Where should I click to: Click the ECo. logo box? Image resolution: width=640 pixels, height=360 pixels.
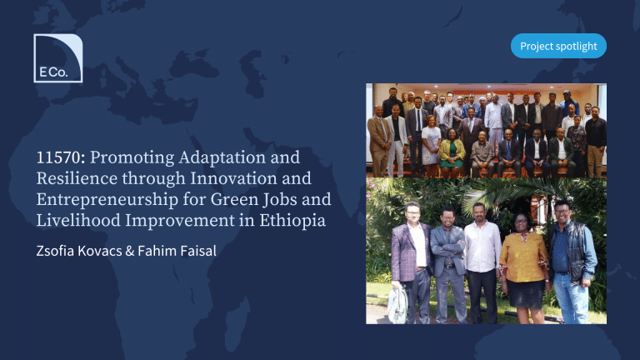pyautogui.click(x=58, y=58)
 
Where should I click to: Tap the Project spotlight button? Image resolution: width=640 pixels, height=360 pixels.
pyautogui.click(x=558, y=46)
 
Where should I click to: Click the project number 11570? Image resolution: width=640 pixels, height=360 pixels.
pyautogui.click(x=60, y=157)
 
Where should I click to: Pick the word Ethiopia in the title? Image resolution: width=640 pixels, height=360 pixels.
pyautogui.click(x=292, y=221)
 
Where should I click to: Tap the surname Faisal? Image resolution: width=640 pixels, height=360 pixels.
pyautogui.click(x=198, y=251)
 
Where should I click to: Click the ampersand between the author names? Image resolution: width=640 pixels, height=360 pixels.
pyautogui.click(x=130, y=251)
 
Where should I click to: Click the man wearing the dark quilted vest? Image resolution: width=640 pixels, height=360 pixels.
pyautogui.click(x=571, y=261)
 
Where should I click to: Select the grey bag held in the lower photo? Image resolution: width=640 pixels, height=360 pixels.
pyautogui.click(x=397, y=304)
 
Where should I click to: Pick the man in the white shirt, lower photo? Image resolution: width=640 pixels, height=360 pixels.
pyautogui.click(x=482, y=263)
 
